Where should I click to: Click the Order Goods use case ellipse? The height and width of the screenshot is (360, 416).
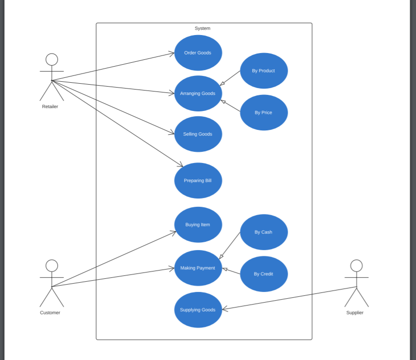pyautogui.click(x=198, y=53)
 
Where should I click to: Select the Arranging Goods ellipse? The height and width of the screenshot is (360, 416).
pyautogui.click(x=198, y=93)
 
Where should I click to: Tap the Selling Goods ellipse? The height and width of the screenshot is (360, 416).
pyautogui.click(x=198, y=134)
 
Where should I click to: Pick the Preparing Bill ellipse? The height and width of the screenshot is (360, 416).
pyautogui.click(x=198, y=180)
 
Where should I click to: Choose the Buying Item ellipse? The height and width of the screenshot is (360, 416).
pyautogui.click(x=198, y=225)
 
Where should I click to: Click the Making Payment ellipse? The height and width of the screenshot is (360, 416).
pyautogui.click(x=198, y=268)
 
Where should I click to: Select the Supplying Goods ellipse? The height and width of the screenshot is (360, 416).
pyautogui.click(x=198, y=310)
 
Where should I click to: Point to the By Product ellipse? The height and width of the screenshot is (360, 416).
pyautogui.click(x=264, y=71)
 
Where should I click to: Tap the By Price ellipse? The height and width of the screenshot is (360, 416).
pyautogui.click(x=264, y=112)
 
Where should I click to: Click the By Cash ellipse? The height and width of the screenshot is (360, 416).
pyautogui.click(x=264, y=232)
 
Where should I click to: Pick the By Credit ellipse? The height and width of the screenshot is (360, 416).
pyautogui.click(x=264, y=274)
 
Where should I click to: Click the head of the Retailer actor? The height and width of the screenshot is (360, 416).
pyautogui.click(x=52, y=59)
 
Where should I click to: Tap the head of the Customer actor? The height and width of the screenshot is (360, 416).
pyautogui.click(x=52, y=266)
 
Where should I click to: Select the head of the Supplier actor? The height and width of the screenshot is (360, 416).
pyautogui.click(x=356, y=266)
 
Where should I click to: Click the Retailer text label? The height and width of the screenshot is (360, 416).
pyautogui.click(x=50, y=107)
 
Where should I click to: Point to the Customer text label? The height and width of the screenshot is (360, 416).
pyautogui.click(x=50, y=313)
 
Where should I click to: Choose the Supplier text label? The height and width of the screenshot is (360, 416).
pyautogui.click(x=355, y=313)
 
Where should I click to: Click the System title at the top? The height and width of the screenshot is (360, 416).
pyautogui.click(x=203, y=28)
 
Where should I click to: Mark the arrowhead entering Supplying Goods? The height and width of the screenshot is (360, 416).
pyautogui.click(x=225, y=309)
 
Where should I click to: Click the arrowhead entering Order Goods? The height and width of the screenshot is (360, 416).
pyautogui.click(x=172, y=53)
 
